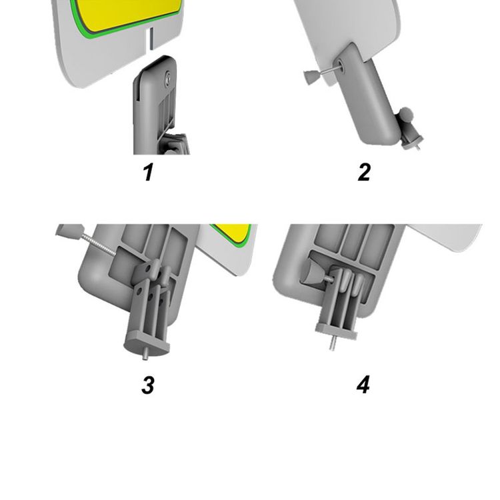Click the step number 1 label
pyautogui.click(x=147, y=172)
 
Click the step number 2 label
pyautogui.click(x=364, y=172)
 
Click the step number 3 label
pyautogui.click(x=148, y=385)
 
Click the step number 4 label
pyautogui.click(x=363, y=385)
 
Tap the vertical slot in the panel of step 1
pyautogui.click(x=151, y=38)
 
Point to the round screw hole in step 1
pyautogui.click(x=167, y=79)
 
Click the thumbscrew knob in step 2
pyautogui.click(x=310, y=78)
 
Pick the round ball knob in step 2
pyautogui.click(x=405, y=113)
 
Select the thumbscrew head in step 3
pyautogui.click(x=70, y=231)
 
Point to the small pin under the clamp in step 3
pyautogui.click(x=145, y=354)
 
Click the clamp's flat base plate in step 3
pyautogui.click(x=147, y=343)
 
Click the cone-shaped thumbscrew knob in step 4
pyautogui.click(x=313, y=274)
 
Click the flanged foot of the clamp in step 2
pyautogui.click(x=413, y=143)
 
